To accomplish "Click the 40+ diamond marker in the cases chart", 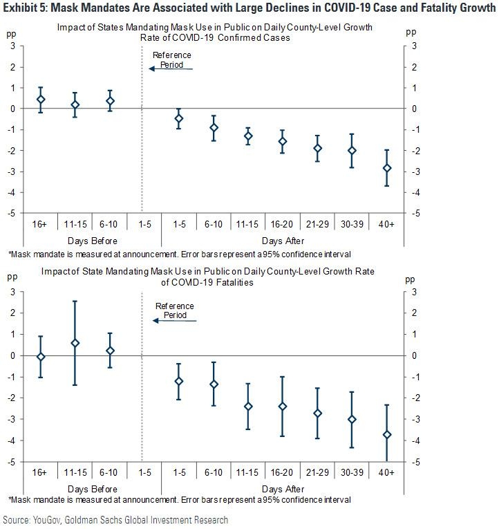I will click(387, 168).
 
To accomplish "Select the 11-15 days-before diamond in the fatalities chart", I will click(75, 343).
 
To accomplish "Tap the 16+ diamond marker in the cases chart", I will click(41, 100).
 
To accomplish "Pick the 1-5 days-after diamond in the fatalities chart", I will click(179, 381).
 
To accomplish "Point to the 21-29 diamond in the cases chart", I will click(318, 148).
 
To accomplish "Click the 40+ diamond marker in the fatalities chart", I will click(387, 434).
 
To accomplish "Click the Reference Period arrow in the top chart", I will click(171, 68).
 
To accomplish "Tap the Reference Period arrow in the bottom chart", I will click(175, 320).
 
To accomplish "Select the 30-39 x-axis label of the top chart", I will click(352, 225).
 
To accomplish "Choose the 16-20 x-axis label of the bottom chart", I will click(283, 472).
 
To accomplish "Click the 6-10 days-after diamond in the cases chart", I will click(214, 127).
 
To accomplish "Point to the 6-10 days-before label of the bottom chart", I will click(109, 472).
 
